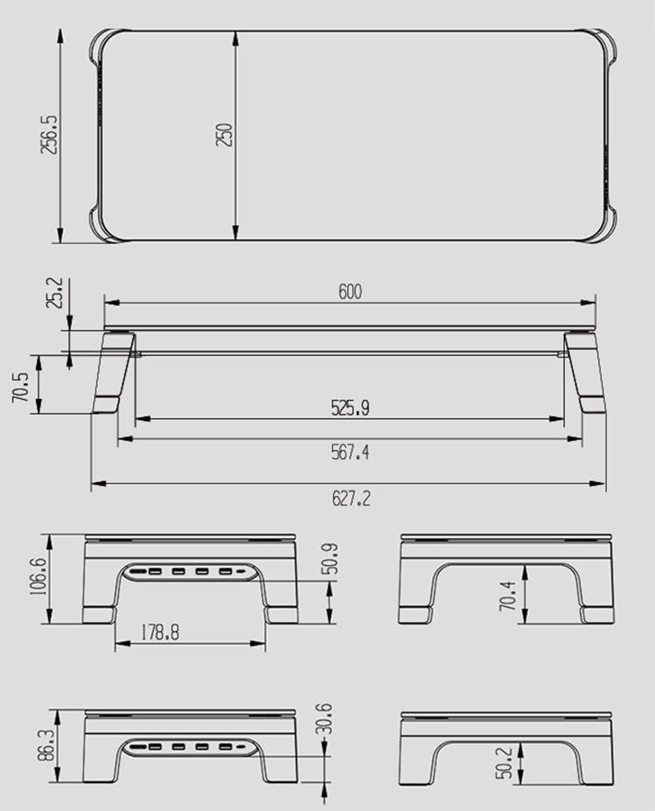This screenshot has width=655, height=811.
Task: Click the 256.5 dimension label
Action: (50, 135)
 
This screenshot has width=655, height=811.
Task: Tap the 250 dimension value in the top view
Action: (225, 135)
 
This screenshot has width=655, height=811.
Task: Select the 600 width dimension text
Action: (350, 291)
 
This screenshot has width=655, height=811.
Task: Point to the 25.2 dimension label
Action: (54, 293)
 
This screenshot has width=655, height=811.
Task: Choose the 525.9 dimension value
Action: (351, 408)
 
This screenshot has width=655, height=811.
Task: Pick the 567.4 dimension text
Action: (351, 452)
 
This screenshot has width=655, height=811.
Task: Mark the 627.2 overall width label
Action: (351, 499)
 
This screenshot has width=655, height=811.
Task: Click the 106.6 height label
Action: (39, 577)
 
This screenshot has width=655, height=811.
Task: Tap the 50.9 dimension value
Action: (330, 559)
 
